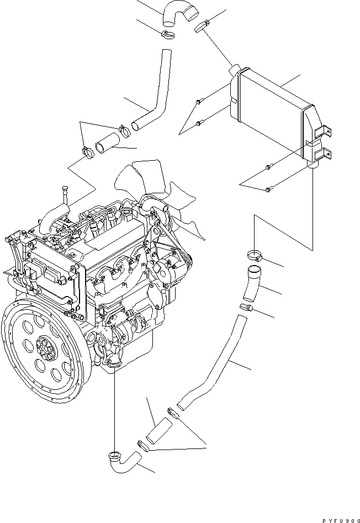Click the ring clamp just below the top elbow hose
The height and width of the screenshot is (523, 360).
click(x=166, y=36)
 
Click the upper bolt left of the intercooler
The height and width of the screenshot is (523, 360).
click(x=199, y=102)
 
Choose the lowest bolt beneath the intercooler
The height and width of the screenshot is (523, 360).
click(x=268, y=190)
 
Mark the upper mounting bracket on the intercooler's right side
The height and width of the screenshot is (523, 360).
click(x=324, y=130)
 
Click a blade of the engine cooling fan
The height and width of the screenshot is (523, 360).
click(x=127, y=179)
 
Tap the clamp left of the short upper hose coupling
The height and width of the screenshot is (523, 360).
click(x=87, y=150)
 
